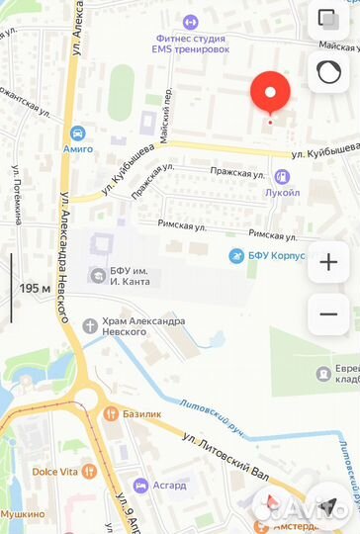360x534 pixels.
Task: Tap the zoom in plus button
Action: (x=327, y=262)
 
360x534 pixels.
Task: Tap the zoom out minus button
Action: (x=327, y=314)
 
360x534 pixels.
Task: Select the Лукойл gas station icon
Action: (x=283, y=177)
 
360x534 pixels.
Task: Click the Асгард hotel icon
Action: (x=141, y=485)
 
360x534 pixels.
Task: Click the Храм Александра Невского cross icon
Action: (x=90, y=322)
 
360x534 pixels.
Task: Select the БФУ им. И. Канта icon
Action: (x=96, y=274)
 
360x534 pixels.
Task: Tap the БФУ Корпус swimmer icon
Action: (x=235, y=256)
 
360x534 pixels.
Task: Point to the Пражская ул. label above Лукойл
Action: (x=236, y=172)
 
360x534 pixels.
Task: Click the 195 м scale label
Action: (x=35, y=289)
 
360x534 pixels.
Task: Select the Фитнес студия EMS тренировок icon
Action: (x=190, y=21)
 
